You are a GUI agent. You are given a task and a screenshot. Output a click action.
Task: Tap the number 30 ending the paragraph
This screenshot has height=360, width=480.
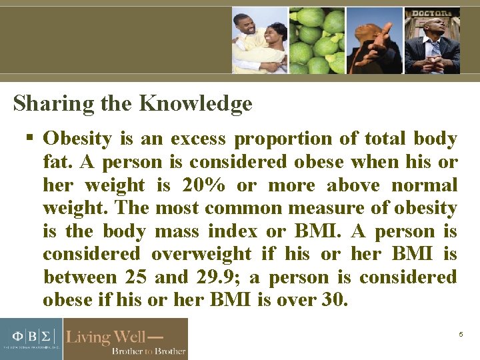(x=333, y=300)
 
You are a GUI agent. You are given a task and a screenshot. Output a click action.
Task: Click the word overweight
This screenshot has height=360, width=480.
(x=201, y=254)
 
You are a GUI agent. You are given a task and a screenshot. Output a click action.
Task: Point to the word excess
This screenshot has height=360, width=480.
(x=197, y=139)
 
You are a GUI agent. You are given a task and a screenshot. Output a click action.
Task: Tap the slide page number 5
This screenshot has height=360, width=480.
(x=461, y=334)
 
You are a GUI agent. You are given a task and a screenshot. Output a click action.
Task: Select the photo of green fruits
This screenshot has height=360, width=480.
(x=317, y=40)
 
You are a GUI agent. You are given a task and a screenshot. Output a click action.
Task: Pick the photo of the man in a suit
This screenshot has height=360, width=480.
(x=432, y=40)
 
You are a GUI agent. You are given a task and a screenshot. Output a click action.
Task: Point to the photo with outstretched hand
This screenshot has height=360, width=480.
(x=375, y=40)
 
